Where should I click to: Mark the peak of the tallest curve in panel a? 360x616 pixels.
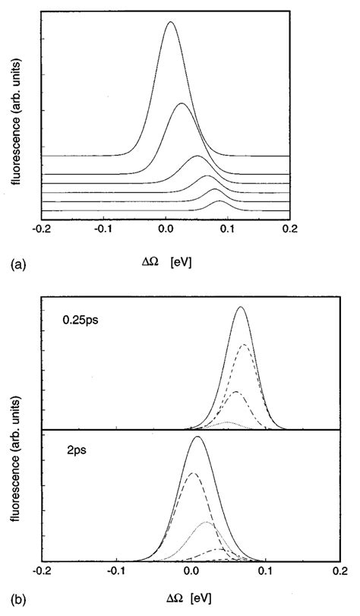pos(171,22)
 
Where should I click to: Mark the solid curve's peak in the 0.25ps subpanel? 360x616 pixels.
pos(242,307)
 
